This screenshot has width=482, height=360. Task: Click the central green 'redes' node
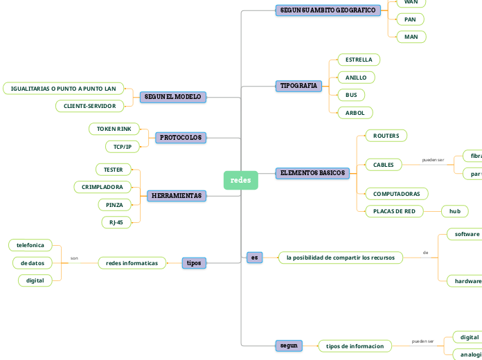240,180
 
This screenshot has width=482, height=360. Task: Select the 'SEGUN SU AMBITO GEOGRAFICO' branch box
328,10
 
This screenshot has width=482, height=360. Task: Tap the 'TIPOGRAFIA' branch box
299,86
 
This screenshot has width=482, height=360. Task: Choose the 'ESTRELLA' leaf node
359,60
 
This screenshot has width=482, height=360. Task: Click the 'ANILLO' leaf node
355,78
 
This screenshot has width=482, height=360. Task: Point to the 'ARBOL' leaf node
355,113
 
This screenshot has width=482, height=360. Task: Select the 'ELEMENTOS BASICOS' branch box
312,172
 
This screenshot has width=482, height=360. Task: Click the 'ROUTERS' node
386,136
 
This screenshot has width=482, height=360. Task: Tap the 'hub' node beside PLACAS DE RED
454,211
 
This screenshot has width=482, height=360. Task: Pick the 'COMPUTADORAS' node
396,194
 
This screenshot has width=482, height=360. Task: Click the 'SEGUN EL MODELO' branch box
173,97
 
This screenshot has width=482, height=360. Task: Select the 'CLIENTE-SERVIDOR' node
90,106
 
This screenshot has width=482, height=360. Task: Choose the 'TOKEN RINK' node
114,129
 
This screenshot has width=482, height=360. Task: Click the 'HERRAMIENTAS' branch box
177,196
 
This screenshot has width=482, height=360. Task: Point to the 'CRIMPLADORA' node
102,187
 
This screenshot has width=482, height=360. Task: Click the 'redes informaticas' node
132,263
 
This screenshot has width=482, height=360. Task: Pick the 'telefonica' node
30,245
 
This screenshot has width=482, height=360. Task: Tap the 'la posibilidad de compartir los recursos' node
340,258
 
